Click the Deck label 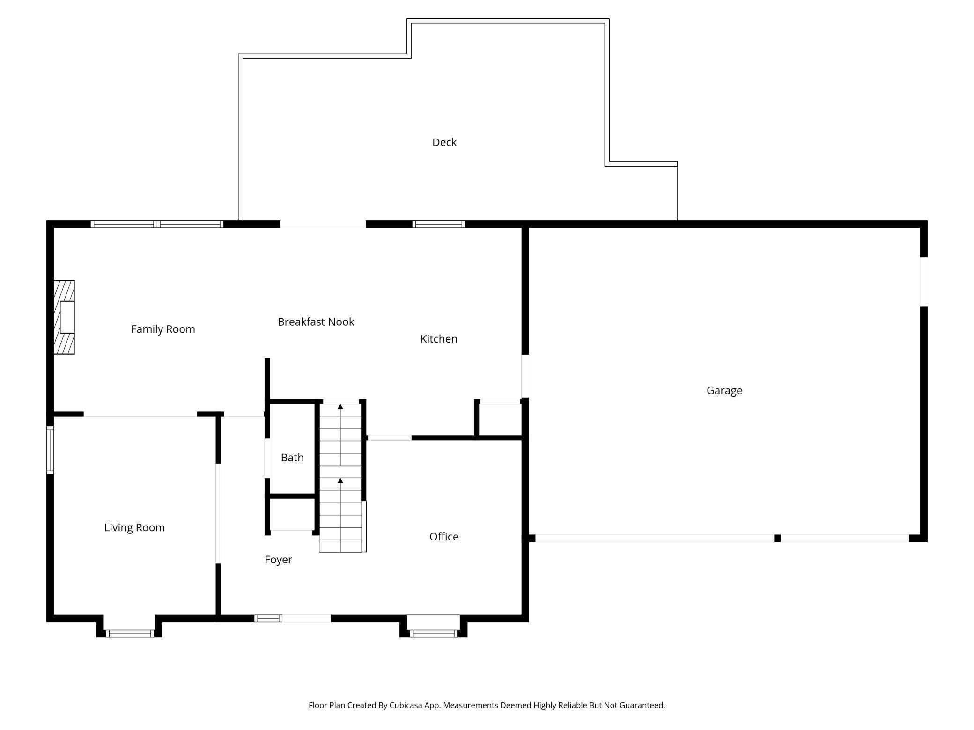coord(444,142)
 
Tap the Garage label coord(724,390)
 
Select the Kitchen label coord(438,339)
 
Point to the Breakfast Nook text coord(316,322)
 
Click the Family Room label coord(163,329)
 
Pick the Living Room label coord(134,527)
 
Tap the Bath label coord(292,458)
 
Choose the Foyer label coord(278,560)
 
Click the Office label coord(443,537)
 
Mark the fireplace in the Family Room coord(65,317)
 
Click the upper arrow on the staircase coord(340,407)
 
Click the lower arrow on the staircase coord(340,481)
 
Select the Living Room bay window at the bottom coord(130,634)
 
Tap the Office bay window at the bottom coord(434,634)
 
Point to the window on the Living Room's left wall coord(50,450)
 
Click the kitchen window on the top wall coord(438,224)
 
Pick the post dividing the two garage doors coord(777,538)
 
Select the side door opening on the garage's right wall coord(923,282)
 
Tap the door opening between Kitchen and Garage coord(525,376)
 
